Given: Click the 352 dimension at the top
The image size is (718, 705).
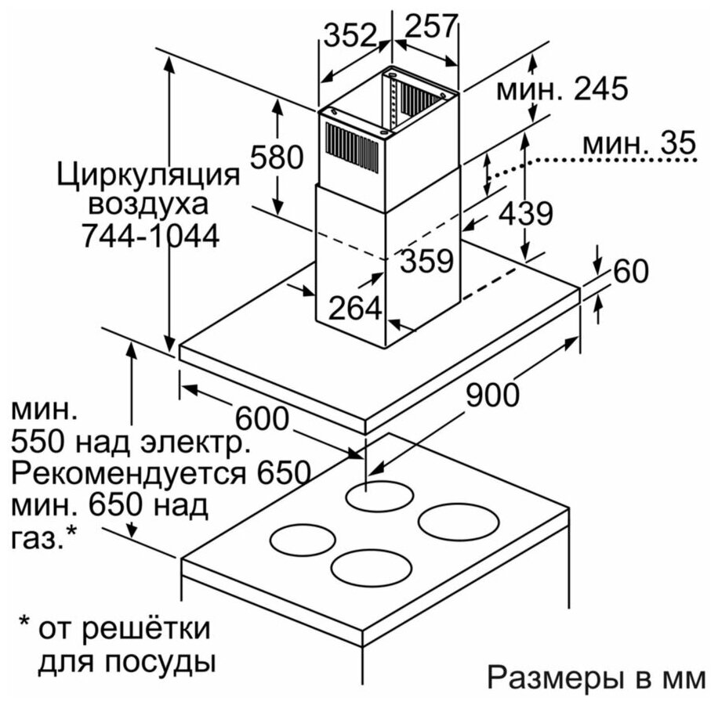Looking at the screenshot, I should click(350, 34).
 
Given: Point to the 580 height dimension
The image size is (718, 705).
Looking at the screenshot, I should click(276, 158).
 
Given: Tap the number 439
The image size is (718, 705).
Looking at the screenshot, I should click(527, 213).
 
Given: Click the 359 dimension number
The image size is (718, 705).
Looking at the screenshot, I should click(427, 261).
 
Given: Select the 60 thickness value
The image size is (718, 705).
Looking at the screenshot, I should click(630, 271).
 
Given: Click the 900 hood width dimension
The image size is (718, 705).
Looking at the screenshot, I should click(493, 396).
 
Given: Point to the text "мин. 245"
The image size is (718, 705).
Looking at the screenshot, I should click(562, 89).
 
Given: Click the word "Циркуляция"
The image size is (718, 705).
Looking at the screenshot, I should click(148, 173).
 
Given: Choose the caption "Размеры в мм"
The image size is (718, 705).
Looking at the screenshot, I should click(596, 677).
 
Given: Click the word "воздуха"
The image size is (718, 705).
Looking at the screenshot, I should click(148, 204).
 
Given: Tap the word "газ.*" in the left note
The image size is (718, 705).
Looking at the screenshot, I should click(44, 537).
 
